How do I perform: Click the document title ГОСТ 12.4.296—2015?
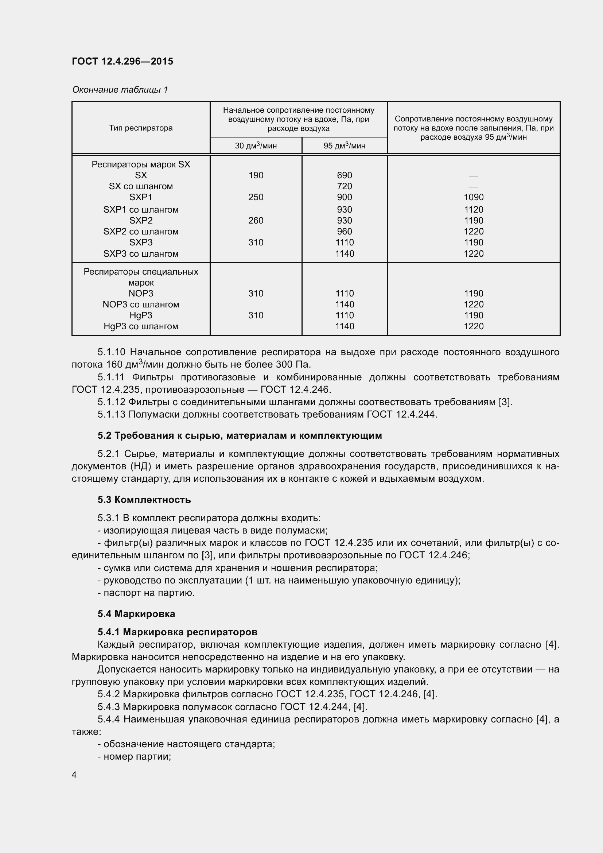click(x=122, y=61)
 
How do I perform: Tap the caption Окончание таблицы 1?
click(x=120, y=90)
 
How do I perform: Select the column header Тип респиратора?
click(x=141, y=128)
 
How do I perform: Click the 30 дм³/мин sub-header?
click(x=256, y=146)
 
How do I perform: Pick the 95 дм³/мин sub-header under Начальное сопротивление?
click(x=344, y=146)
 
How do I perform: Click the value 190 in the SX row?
click(x=256, y=175)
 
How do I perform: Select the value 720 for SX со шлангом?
click(x=344, y=186)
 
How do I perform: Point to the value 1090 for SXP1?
click(x=474, y=197)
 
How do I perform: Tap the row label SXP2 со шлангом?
click(x=141, y=232)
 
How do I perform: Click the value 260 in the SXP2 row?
click(x=256, y=220)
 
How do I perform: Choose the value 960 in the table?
click(x=344, y=232)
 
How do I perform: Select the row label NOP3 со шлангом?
click(x=141, y=304)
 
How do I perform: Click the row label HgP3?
click(x=141, y=315)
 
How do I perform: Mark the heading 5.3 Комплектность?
click(x=144, y=500)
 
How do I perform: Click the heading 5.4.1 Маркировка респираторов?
click(x=178, y=632)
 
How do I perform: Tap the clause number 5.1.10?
click(x=112, y=352)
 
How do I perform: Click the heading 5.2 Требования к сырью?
click(x=240, y=435)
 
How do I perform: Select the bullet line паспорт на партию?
click(x=146, y=593)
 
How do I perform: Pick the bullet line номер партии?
click(x=135, y=756)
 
